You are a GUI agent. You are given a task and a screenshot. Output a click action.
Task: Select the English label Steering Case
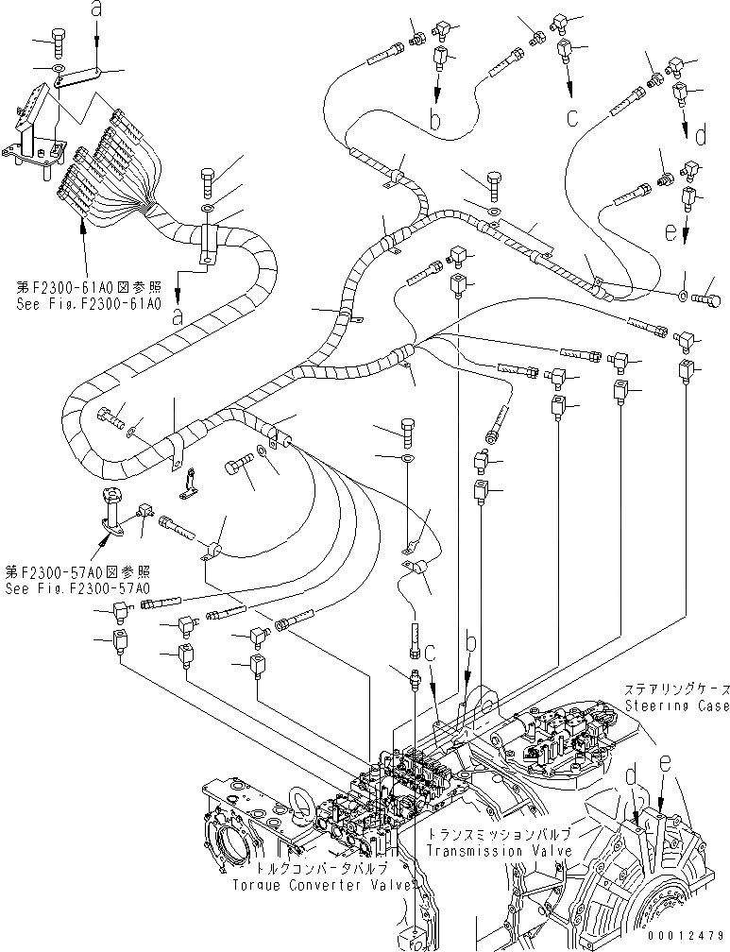(x=676, y=705)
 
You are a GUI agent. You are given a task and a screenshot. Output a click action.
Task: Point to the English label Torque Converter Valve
(x=323, y=884)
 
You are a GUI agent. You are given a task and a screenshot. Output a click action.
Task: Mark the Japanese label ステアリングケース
(x=676, y=691)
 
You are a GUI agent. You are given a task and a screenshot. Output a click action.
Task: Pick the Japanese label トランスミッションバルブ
(x=498, y=836)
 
